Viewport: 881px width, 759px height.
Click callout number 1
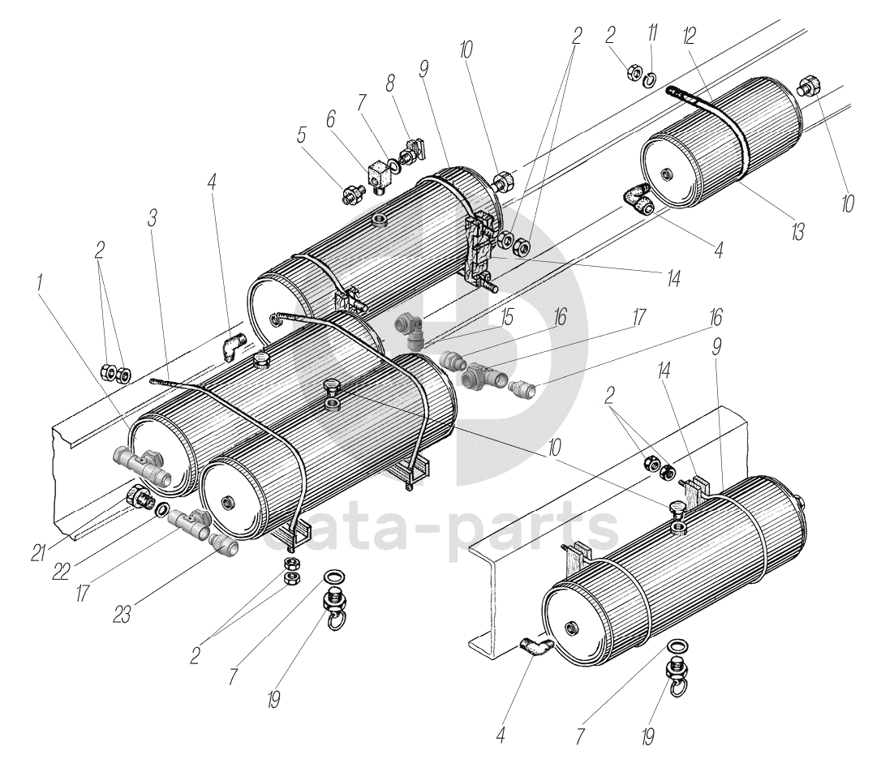point(39,286)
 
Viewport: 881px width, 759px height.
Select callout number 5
point(303,135)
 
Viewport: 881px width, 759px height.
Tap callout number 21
point(40,551)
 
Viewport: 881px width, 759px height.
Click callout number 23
point(122,615)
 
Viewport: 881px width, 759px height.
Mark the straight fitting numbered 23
point(224,544)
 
